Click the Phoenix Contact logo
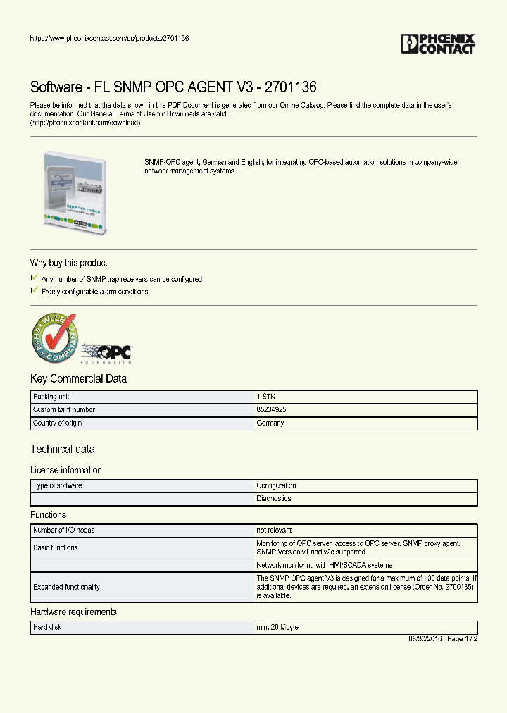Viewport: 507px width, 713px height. [x=438, y=44]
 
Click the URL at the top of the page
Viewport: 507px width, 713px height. [x=109, y=38]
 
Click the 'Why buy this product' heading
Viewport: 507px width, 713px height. [x=68, y=263]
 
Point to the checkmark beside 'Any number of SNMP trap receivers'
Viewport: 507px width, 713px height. [x=34, y=278]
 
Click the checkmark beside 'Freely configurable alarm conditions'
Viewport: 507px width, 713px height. [x=34, y=290]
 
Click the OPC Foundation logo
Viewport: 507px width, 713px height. [x=106, y=353]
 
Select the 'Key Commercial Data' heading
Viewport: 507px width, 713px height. [x=78, y=379]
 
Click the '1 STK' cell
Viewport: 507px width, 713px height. [x=267, y=397]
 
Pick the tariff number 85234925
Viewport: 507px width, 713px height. [x=271, y=409]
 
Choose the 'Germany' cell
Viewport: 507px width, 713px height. [x=270, y=423]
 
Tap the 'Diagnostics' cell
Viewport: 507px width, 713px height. [x=274, y=498]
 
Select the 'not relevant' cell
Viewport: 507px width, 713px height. [x=274, y=530]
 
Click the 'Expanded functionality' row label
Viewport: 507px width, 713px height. [x=66, y=587]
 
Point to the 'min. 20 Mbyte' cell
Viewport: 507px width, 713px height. [x=277, y=627]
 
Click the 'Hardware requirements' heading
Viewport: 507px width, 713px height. [x=73, y=612]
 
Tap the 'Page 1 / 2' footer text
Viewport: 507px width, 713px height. [x=463, y=638]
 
